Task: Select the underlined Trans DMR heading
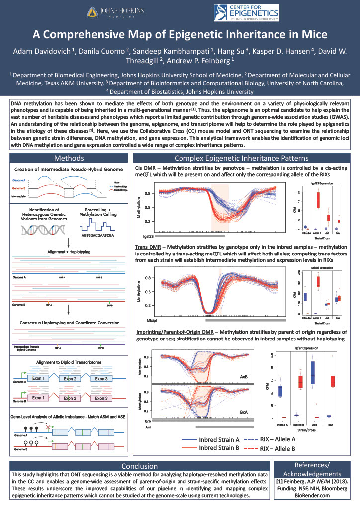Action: click(150, 246)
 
